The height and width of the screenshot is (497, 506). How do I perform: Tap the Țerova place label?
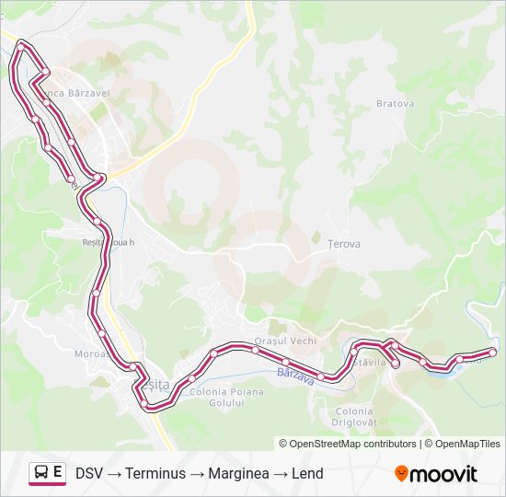[x=344, y=244]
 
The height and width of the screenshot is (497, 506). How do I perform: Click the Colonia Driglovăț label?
[x=354, y=417]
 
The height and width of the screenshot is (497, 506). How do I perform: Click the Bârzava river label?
[x=295, y=373]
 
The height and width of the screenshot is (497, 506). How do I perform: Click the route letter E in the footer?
[x=58, y=473]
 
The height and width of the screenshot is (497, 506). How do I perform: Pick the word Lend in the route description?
[x=307, y=474]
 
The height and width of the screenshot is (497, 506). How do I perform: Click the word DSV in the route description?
[x=89, y=474]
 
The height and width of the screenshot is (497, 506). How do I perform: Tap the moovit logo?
[x=436, y=474]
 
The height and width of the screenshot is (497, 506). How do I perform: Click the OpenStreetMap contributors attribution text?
[x=348, y=443]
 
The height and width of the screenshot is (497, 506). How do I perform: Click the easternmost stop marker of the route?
[x=492, y=352]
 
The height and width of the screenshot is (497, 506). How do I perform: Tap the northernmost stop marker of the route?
[x=21, y=43]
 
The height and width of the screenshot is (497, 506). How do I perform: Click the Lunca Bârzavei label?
[x=66, y=93]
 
